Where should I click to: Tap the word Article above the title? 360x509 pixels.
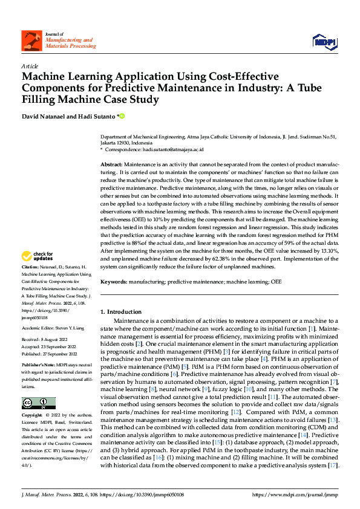pyautogui.click(x=30, y=65)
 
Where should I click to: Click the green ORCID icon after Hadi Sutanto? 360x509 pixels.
pyautogui.click(x=121, y=115)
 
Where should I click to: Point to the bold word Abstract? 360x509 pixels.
pyautogui.click(x=111, y=164)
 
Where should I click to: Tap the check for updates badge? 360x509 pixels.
pyautogui.click(x=38, y=256)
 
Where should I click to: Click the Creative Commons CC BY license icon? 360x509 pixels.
pyautogui.click(x=38, y=403)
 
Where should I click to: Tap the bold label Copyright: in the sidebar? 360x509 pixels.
pyautogui.click(x=33, y=416)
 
